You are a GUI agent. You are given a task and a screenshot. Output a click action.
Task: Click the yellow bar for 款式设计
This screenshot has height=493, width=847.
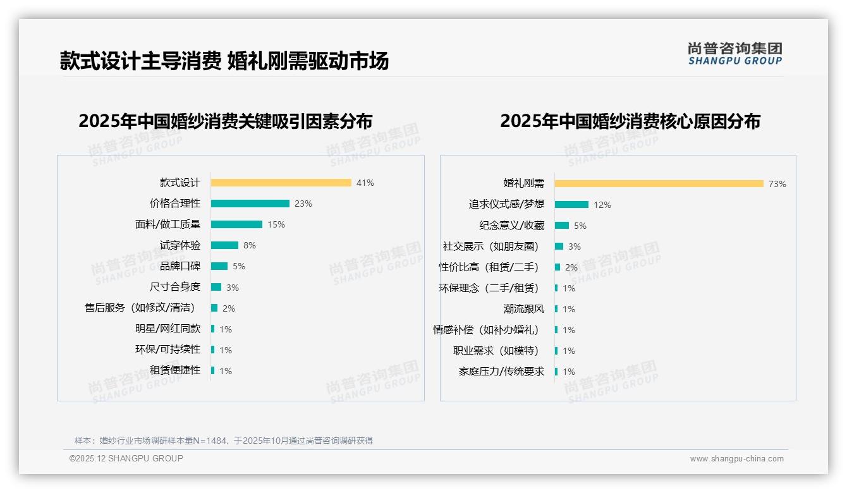[x=281, y=183]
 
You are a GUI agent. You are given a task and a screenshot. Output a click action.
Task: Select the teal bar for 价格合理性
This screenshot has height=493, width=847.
[x=250, y=204]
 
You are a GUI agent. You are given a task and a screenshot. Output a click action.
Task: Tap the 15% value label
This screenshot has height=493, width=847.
[x=276, y=224]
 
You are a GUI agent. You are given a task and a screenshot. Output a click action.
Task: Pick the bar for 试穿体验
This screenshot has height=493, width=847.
[x=224, y=245]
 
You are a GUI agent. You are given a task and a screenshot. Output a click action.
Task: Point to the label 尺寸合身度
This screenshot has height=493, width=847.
[x=174, y=287]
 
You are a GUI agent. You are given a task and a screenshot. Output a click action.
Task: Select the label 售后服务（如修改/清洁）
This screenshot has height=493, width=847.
[x=140, y=308]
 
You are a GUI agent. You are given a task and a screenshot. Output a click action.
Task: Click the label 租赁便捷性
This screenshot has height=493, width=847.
[x=174, y=370]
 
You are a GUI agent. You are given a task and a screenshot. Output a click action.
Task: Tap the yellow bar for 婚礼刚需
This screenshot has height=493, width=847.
[x=659, y=184]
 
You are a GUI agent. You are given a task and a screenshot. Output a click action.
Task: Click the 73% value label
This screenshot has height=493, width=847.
[x=777, y=185]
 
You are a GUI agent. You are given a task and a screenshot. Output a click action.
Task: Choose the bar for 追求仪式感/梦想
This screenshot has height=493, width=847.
[x=571, y=205]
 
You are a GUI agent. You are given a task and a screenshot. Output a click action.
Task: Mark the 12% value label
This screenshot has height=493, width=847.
[x=602, y=205]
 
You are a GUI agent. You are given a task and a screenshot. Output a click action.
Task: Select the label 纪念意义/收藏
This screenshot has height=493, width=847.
[x=511, y=226]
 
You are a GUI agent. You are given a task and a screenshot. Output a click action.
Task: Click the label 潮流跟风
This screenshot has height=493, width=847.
[x=523, y=309]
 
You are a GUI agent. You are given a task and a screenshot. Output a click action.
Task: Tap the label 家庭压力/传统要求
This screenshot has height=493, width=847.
[x=501, y=372]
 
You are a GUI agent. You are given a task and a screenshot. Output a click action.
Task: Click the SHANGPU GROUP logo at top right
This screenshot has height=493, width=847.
[x=734, y=54]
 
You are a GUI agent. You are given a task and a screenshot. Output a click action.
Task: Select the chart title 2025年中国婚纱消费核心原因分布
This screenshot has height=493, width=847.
[x=630, y=121]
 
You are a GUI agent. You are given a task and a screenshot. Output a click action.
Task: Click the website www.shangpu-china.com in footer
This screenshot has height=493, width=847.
[x=736, y=459]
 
